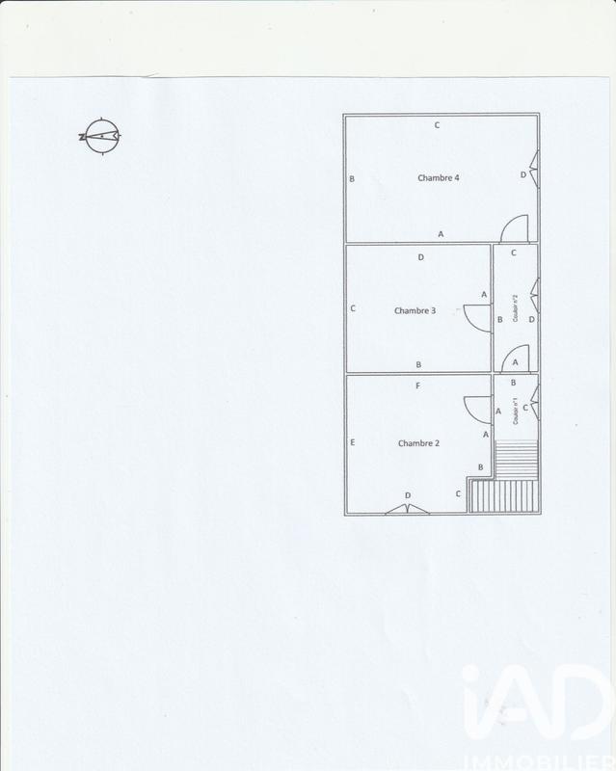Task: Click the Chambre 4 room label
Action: [x=438, y=178]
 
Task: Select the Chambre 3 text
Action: [x=415, y=310]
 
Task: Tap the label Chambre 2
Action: [x=419, y=443]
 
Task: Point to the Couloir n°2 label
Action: [x=517, y=309]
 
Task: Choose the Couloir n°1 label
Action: [x=517, y=413]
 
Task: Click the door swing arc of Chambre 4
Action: [x=516, y=228]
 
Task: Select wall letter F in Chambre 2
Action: [x=417, y=386]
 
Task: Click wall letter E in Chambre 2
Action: [x=354, y=443]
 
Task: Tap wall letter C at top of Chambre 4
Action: [x=437, y=125]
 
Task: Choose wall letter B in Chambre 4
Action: [x=353, y=179]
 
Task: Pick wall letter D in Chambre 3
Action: [x=421, y=257]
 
